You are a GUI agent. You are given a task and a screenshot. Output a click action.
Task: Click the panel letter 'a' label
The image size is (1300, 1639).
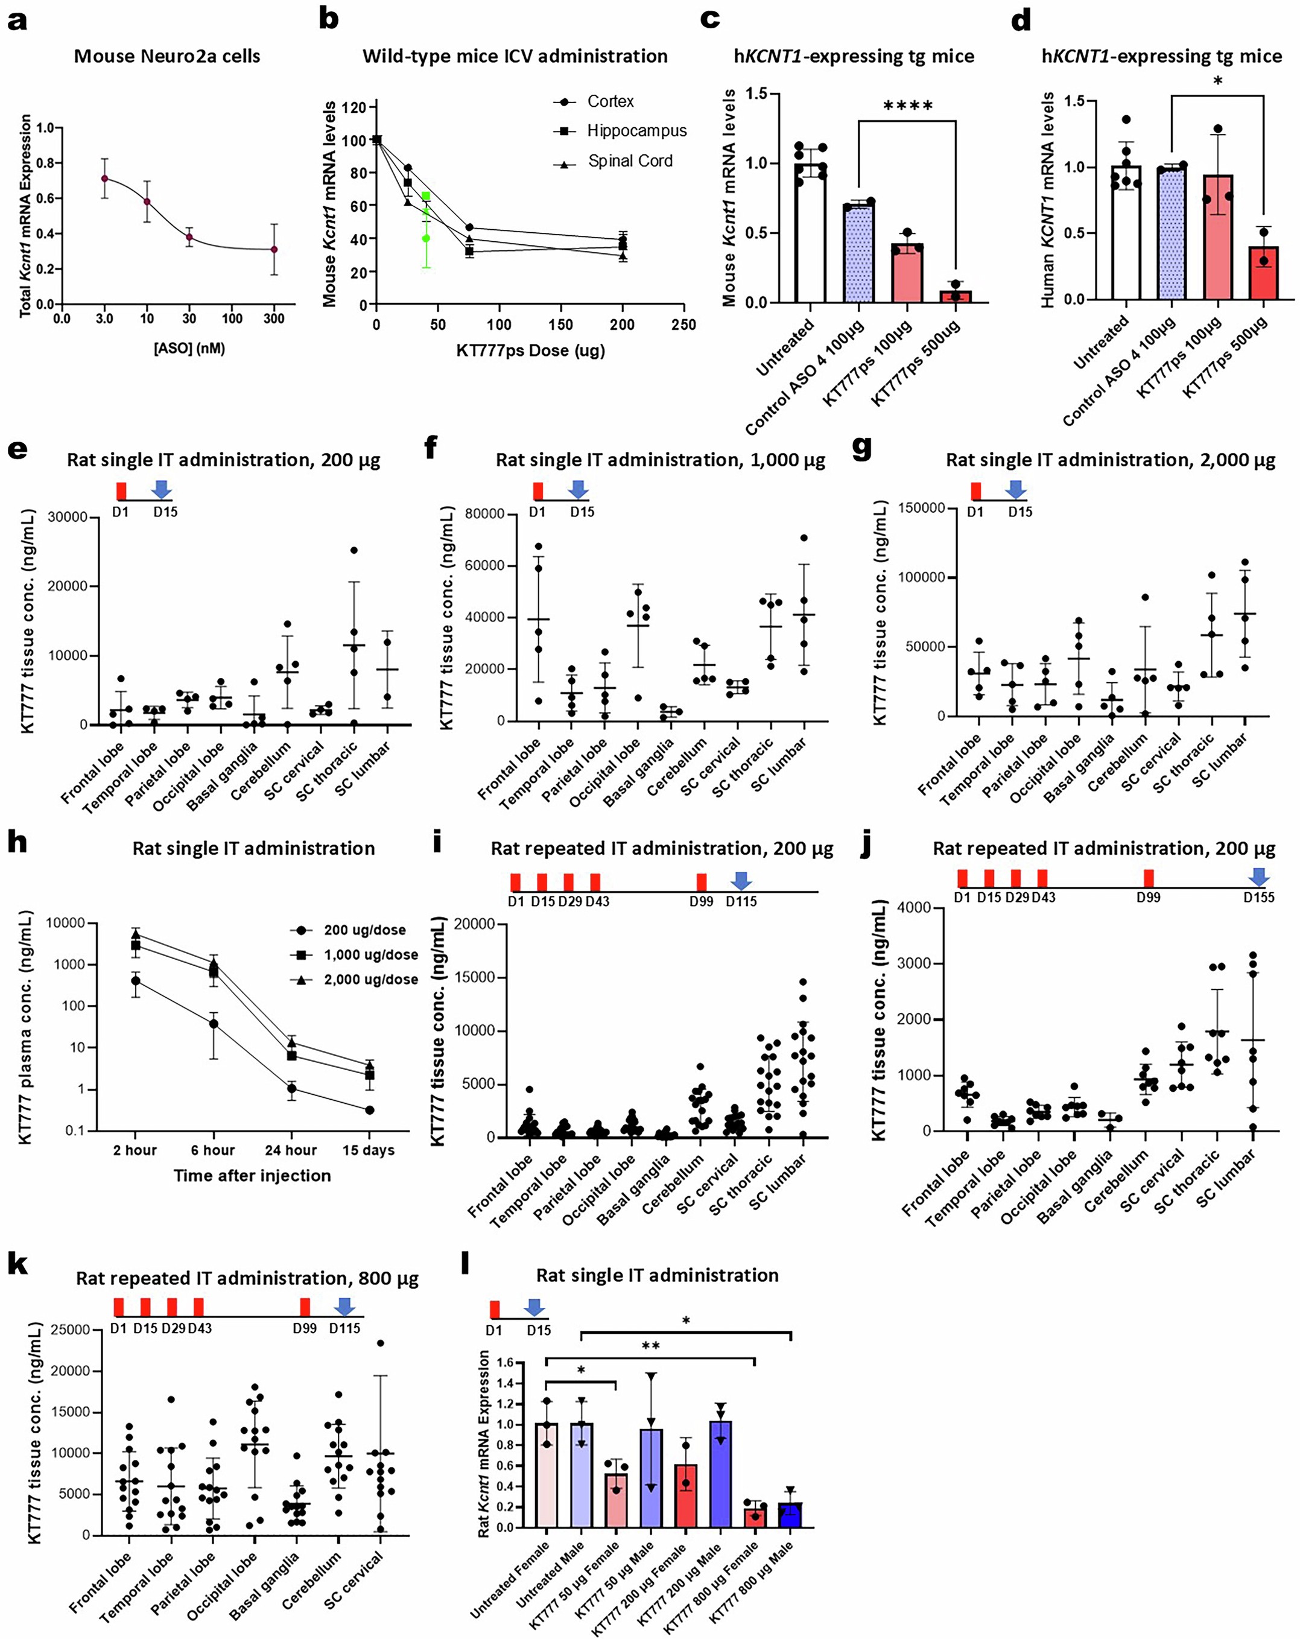[x=17, y=21]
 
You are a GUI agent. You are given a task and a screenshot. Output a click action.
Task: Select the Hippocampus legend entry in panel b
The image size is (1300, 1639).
[x=620, y=131]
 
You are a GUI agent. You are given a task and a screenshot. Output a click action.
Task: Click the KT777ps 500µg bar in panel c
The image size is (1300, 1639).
[x=956, y=296]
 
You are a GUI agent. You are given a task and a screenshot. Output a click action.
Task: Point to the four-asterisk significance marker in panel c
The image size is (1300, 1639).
[x=908, y=106]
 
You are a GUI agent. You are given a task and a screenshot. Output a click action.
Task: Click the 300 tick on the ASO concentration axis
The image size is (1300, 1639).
[x=274, y=319]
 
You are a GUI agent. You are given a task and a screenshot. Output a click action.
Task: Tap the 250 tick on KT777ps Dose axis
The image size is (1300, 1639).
[x=683, y=325]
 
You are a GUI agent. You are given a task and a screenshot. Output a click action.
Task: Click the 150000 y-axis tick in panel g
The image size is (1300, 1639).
[x=921, y=508]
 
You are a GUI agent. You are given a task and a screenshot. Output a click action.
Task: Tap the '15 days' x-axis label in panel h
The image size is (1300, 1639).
[x=368, y=1150]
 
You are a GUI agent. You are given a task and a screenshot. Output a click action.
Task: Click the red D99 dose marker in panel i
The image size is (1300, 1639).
[x=701, y=882]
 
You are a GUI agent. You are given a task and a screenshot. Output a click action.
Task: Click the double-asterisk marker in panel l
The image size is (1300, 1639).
[x=650, y=1346]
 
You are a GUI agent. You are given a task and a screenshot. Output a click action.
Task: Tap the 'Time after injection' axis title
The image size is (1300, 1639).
[x=252, y=1176]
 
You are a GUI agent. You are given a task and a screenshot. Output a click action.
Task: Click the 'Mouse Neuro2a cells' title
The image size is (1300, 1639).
[x=166, y=56]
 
